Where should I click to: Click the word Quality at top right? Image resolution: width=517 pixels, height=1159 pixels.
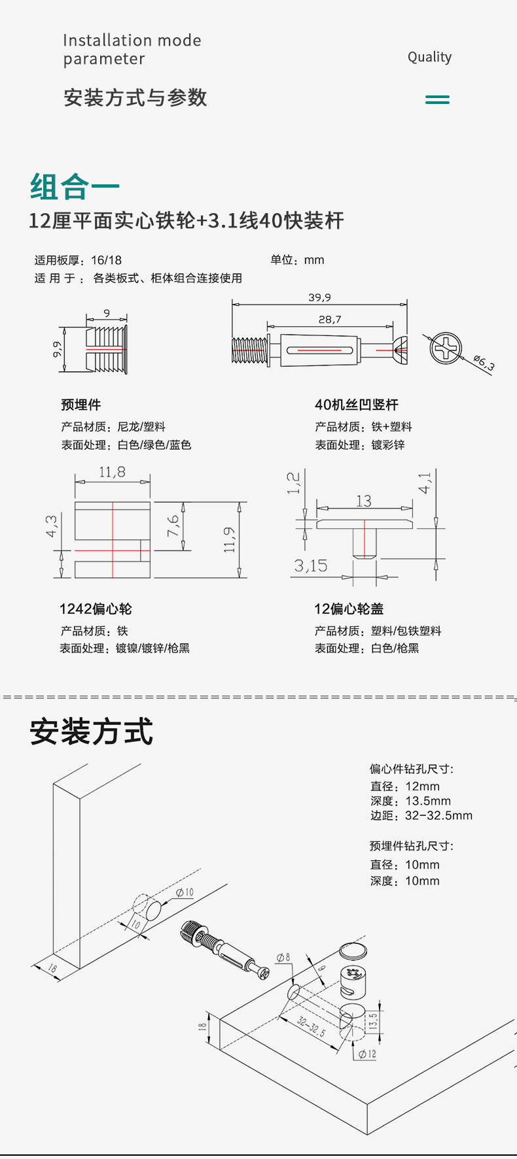point(429,58)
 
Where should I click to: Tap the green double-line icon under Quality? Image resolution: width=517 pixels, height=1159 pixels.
point(437,99)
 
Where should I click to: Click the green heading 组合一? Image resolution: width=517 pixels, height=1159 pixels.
point(75,187)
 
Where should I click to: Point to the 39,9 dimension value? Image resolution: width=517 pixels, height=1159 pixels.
point(319,297)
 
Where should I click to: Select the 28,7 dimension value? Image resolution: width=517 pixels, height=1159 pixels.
point(330,320)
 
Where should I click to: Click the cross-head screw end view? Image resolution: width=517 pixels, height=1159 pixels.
point(446,348)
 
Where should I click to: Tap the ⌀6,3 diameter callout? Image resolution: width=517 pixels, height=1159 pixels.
point(484,363)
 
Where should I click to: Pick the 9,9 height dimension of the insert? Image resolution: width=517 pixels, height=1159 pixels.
point(58,349)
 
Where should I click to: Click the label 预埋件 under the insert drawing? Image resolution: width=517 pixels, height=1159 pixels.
point(80,405)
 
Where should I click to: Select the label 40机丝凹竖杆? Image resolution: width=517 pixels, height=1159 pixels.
point(356,405)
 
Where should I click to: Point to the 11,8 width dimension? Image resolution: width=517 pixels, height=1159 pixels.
point(112,472)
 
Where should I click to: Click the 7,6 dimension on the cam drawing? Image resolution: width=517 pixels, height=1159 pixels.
point(173,526)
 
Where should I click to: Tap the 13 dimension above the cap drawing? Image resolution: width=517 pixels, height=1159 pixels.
point(364,501)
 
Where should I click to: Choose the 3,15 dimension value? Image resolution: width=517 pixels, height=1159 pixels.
point(310,565)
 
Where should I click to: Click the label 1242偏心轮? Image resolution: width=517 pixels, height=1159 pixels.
point(96,609)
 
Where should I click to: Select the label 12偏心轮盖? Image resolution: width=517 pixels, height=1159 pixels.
point(349,609)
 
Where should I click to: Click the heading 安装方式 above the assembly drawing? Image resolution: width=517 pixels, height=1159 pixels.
point(91,731)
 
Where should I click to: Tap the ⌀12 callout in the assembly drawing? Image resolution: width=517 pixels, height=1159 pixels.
point(367,1054)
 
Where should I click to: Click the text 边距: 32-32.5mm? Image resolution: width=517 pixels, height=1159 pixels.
point(421,815)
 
